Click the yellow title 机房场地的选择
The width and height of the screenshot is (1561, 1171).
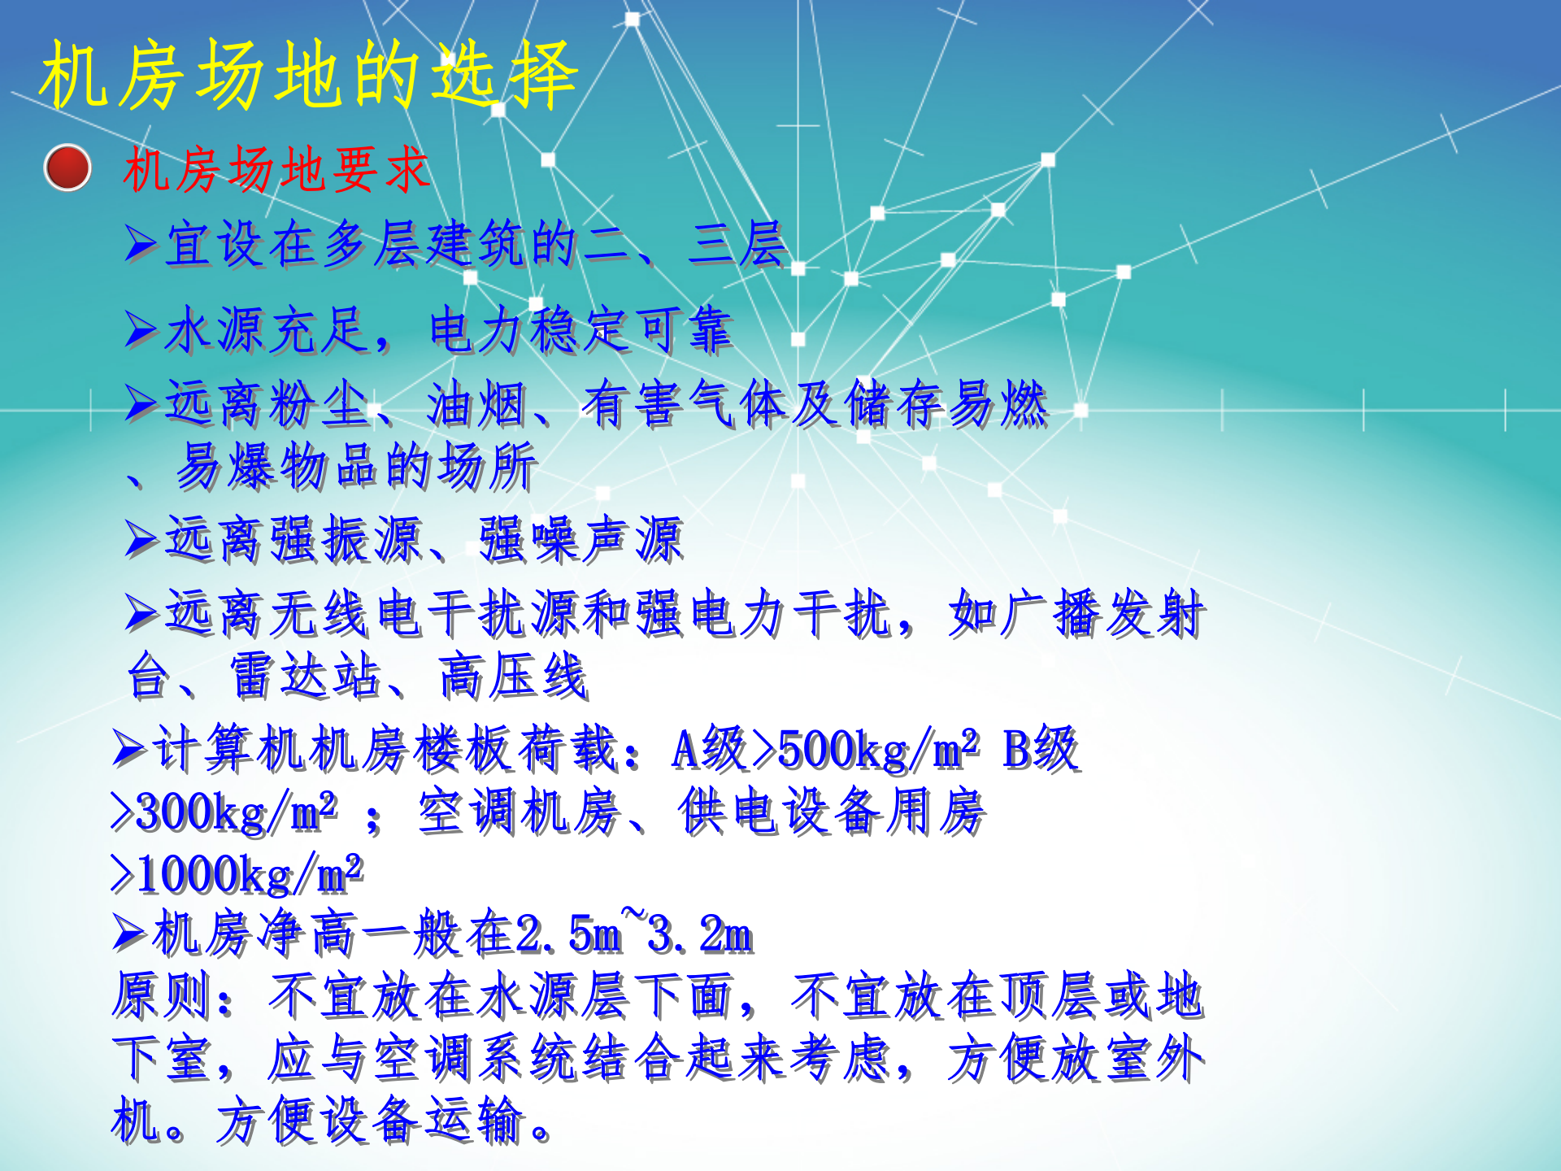pos(309,75)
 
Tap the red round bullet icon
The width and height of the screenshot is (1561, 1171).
pos(67,168)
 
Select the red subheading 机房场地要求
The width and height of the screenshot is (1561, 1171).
pos(276,170)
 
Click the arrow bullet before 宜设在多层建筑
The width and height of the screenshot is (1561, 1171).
pos(141,243)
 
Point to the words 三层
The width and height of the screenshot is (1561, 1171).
pos(737,243)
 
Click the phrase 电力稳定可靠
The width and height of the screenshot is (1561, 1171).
pos(580,330)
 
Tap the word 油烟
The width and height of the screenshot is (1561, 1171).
pos(477,404)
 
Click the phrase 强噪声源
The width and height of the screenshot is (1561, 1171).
pos(580,539)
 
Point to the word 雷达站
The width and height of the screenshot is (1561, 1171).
pos(306,676)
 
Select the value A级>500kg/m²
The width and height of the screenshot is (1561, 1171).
pos(825,749)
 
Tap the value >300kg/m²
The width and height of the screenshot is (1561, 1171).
pos(224,812)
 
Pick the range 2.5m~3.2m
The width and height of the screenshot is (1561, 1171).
pos(634,933)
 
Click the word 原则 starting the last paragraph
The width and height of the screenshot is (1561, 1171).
pos(162,995)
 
